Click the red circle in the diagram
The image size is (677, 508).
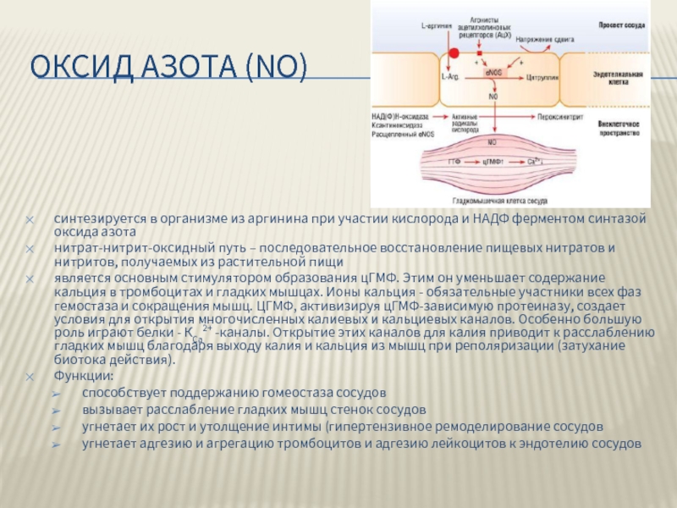point(454,53)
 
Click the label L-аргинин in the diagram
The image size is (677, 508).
point(437,26)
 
